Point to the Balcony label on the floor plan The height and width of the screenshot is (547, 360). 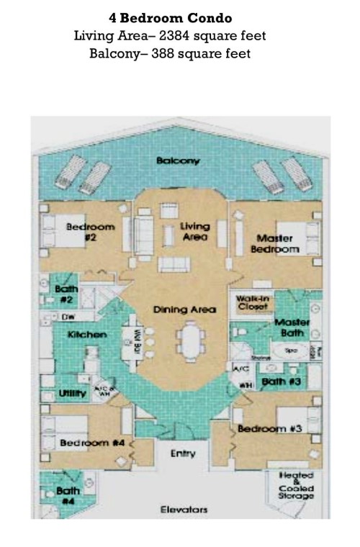[178, 161]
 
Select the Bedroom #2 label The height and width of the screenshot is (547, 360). [90, 231]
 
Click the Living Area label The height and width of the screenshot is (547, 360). [194, 231]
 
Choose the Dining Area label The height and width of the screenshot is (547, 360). [184, 309]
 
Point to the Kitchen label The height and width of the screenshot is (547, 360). [87, 335]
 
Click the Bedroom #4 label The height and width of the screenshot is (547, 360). [93, 443]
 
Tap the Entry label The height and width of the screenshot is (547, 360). [183, 454]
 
